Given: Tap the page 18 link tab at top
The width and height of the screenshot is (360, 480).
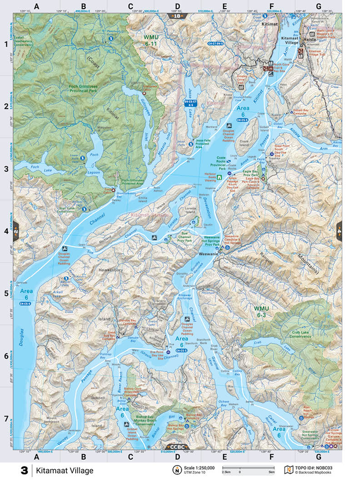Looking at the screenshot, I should click(x=177, y=16).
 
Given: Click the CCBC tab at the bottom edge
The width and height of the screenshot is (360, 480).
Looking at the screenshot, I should click(x=177, y=447).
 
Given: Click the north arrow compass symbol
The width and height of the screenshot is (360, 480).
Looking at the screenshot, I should click(x=177, y=470).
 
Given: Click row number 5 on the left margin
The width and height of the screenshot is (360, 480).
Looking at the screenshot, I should click(x=6, y=294).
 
